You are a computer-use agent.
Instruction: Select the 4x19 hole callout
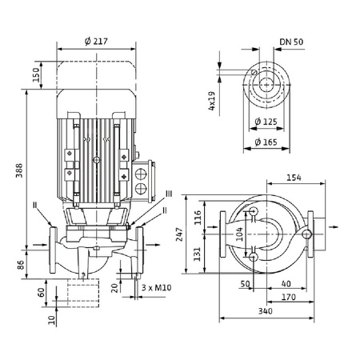click(214, 102)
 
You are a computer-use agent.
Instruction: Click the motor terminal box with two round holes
click(144, 179)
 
